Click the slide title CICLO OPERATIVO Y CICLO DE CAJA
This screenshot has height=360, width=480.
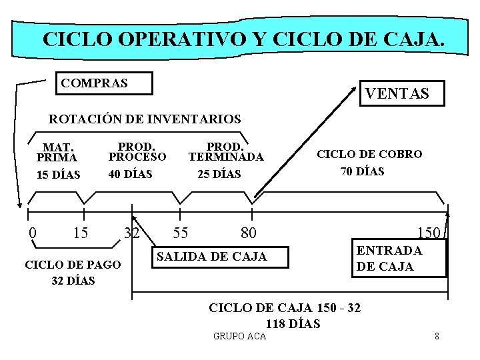pyautogui.click(x=243, y=39)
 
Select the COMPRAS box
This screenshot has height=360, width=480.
pyautogui.click(x=103, y=83)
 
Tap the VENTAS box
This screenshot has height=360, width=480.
pyautogui.click(x=397, y=94)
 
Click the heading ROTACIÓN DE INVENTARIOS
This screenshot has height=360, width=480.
pyautogui.click(x=145, y=119)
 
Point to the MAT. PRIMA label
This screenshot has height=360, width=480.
pyautogui.click(x=57, y=152)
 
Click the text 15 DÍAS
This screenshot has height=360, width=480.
pyautogui.click(x=58, y=175)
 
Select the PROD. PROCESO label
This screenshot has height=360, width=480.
pyautogui.click(x=137, y=151)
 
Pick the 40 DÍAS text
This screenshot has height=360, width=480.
pyautogui.click(x=131, y=174)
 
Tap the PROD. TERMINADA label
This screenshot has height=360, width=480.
pyautogui.click(x=226, y=151)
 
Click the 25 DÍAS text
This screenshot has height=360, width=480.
pyautogui.click(x=219, y=174)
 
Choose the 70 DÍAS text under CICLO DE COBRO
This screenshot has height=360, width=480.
pyautogui.click(x=362, y=171)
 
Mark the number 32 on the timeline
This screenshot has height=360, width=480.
pyautogui.click(x=131, y=233)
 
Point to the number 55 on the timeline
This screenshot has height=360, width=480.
pyautogui.click(x=180, y=233)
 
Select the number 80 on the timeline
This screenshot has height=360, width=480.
pyautogui.click(x=249, y=233)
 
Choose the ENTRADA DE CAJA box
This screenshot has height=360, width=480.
pyautogui.click(x=398, y=258)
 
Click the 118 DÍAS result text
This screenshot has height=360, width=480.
pyautogui.click(x=293, y=325)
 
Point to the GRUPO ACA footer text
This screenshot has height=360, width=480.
pyautogui.click(x=239, y=336)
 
